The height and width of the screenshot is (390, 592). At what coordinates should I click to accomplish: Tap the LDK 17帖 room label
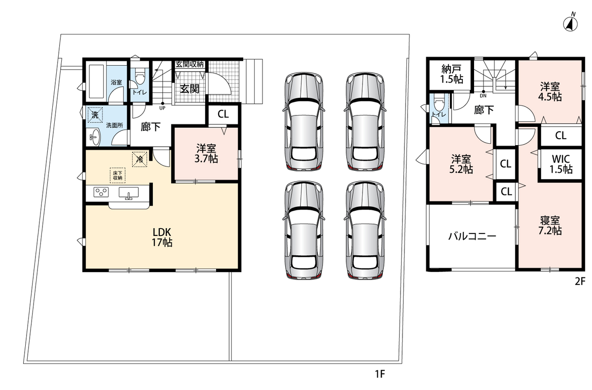[x=162, y=237]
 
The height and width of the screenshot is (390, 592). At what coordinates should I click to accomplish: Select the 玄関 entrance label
[x=189, y=89]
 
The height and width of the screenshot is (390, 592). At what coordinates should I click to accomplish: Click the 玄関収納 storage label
[x=189, y=64]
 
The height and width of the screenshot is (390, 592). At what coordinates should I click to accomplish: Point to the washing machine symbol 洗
[x=95, y=115]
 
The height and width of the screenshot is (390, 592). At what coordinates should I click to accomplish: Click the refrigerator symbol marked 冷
[x=140, y=159]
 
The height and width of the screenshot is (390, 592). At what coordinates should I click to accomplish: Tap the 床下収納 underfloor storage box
[x=117, y=176]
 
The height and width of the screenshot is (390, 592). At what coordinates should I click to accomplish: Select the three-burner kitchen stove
[x=101, y=192]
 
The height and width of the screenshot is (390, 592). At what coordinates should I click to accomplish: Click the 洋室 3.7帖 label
[x=206, y=154]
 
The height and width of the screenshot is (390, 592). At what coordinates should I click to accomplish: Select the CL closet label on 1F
[x=223, y=114]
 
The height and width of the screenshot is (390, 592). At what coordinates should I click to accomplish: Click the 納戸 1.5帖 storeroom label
[x=451, y=74]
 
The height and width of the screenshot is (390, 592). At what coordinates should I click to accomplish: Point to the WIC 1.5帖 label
[x=561, y=164]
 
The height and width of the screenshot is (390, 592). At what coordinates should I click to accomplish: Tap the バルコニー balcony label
[x=472, y=236]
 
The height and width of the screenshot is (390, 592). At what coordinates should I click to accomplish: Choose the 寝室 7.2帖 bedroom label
[x=550, y=225]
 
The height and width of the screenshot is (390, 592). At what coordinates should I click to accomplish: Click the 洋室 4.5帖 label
[x=550, y=91]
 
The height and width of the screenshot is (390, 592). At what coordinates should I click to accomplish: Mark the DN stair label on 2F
[x=483, y=96]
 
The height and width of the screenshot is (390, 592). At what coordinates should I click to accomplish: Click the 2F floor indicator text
[x=580, y=281]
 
